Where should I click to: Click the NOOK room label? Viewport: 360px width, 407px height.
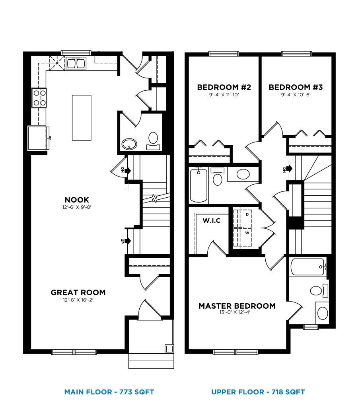coord(77,200)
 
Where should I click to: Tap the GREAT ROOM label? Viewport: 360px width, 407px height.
coord(78,292)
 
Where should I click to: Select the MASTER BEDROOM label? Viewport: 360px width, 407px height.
coord(237,306)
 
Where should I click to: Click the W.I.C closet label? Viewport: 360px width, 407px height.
coord(211,220)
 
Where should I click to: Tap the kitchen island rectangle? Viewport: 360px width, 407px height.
coord(82,117)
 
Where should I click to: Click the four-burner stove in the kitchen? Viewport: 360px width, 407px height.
coord(39,98)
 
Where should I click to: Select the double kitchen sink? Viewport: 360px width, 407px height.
coord(76,63)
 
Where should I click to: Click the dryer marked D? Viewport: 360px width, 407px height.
coord(247,214)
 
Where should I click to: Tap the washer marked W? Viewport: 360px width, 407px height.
coord(247,233)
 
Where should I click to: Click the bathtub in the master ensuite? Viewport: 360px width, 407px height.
coord(307,267)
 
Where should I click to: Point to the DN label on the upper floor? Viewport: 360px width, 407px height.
coord(284,170)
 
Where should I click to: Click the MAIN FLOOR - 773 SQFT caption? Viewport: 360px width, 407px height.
coord(109,392)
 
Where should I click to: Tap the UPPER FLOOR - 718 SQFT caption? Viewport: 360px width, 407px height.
coord(258,392)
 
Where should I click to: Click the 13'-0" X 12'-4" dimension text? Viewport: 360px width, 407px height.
coord(237,313)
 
